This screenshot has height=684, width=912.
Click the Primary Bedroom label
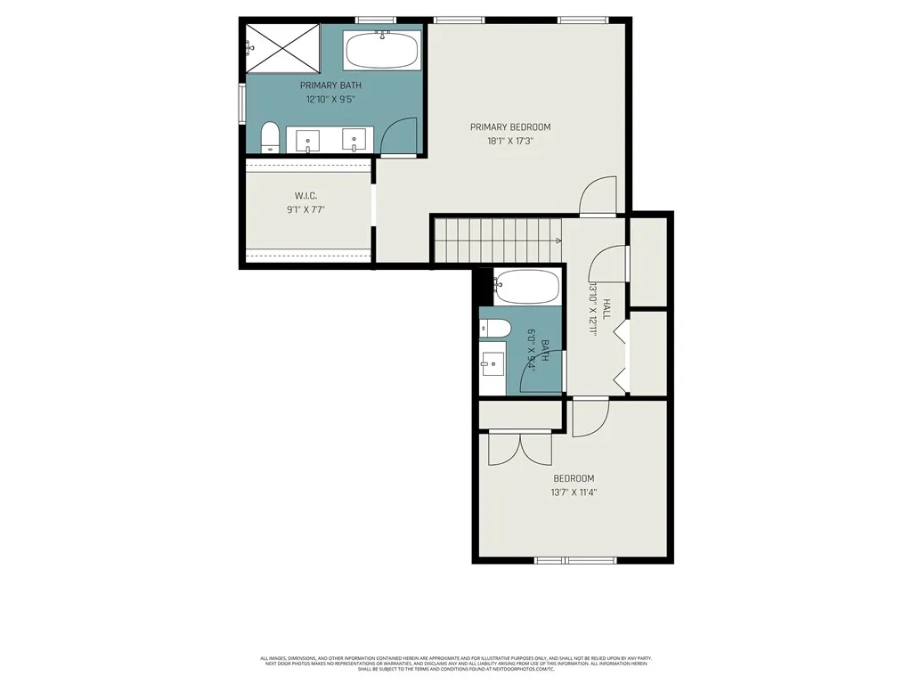pyautogui.click(x=510, y=127)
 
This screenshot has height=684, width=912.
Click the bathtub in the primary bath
pyautogui.click(x=382, y=51)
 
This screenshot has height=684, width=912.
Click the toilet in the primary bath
pyautogui.click(x=271, y=138)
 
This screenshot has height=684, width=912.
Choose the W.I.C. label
pyautogui.click(x=306, y=196)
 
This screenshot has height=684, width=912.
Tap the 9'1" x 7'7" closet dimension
pyautogui.click(x=306, y=210)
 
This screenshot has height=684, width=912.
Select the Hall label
pyautogui.click(x=607, y=309)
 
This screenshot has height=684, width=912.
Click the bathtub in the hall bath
pyautogui.click(x=526, y=287)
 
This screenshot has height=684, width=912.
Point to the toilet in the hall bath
pyautogui.click(x=495, y=329)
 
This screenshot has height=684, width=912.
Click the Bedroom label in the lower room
pyautogui.click(x=574, y=478)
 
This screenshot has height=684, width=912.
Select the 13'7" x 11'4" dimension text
pyautogui.click(x=574, y=492)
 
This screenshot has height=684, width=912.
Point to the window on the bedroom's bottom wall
pyautogui.click(x=574, y=559)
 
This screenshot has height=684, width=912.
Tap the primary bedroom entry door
pyautogui.click(x=598, y=197)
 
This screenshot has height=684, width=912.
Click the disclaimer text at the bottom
pyautogui.click(x=455, y=664)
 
